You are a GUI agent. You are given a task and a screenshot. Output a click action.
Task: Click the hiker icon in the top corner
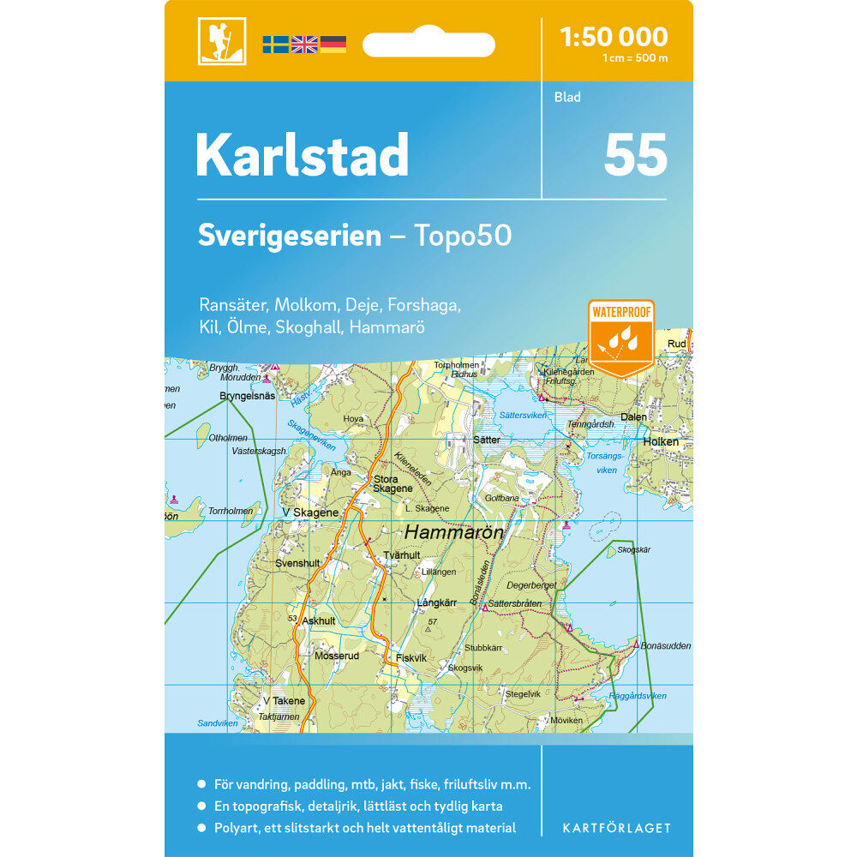222,41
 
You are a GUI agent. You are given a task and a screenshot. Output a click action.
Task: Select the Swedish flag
275,45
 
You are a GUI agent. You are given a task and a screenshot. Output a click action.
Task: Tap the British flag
304,45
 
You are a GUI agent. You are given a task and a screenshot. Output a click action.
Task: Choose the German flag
333,45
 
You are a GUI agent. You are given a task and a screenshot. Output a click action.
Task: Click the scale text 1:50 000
613,37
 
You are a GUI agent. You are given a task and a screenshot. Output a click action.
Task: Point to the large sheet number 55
635,155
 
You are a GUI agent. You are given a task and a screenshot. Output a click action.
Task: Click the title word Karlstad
302,155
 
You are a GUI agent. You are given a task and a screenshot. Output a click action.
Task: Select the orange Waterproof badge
621,337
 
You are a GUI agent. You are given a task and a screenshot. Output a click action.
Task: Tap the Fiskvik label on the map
411,658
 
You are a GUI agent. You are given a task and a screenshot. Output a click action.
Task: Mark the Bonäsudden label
666,646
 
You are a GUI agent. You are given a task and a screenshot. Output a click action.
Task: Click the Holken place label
661,442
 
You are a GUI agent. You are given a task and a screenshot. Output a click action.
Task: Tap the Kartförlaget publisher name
616,828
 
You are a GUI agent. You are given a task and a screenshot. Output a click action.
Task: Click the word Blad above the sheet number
566,98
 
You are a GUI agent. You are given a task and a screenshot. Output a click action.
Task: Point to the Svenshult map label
297,564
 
